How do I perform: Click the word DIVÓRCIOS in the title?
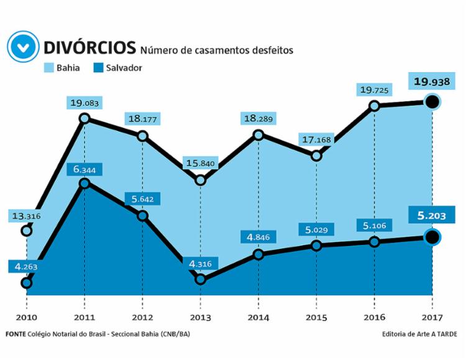click(x=89, y=47)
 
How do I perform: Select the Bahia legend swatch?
click(x=50, y=67)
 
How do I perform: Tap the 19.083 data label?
click(x=85, y=103)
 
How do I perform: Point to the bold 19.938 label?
click(x=433, y=81)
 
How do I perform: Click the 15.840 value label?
click(x=200, y=164)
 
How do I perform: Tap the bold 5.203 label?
click(x=433, y=216)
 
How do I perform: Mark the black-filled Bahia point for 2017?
click(x=433, y=102)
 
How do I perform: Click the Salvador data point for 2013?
click(x=200, y=279)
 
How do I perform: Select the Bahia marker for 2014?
click(x=258, y=135)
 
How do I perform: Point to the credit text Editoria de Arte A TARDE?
click(x=420, y=334)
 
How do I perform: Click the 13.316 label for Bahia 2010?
click(x=27, y=216)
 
